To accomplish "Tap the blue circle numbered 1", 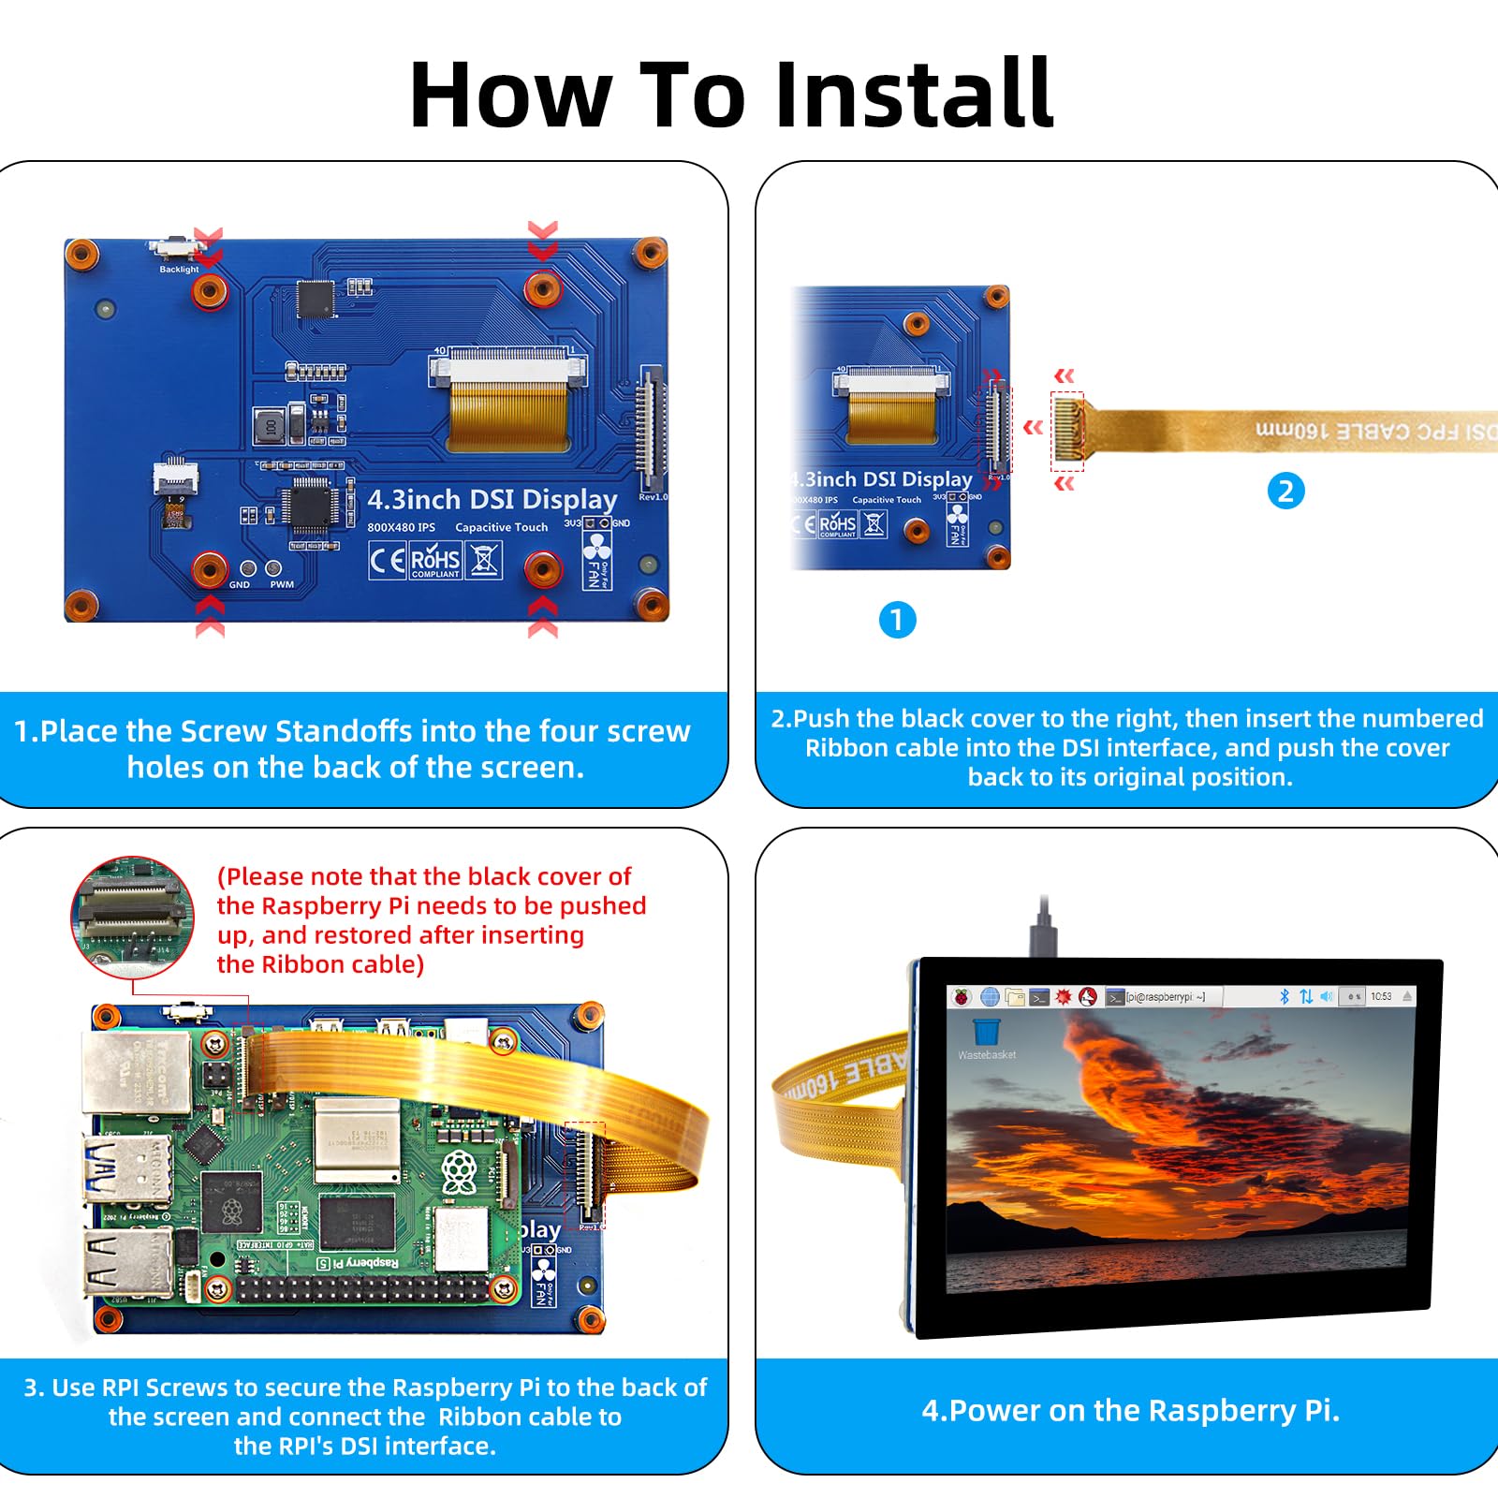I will pyautogui.click(x=897, y=620).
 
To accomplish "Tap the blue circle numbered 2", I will pyautogui.click(x=1285, y=491).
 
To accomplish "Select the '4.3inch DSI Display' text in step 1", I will pyautogui.click(x=492, y=499).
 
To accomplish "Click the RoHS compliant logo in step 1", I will pyautogui.click(x=435, y=561).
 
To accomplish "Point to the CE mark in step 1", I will pyautogui.click(x=387, y=561).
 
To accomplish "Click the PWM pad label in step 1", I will pyautogui.click(x=281, y=584).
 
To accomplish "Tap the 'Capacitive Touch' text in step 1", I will pyautogui.click(x=501, y=527).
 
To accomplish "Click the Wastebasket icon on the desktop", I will pyautogui.click(x=987, y=1034).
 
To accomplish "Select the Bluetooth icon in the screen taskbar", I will pyautogui.click(x=1285, y=997).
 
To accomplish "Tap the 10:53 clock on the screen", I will pyautogui.click(x=1381, y=997).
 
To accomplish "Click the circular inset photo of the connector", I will pyautogui.click(x=133, y=917).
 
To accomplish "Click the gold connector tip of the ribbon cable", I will pyautogui.click(x=1068, y=430).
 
